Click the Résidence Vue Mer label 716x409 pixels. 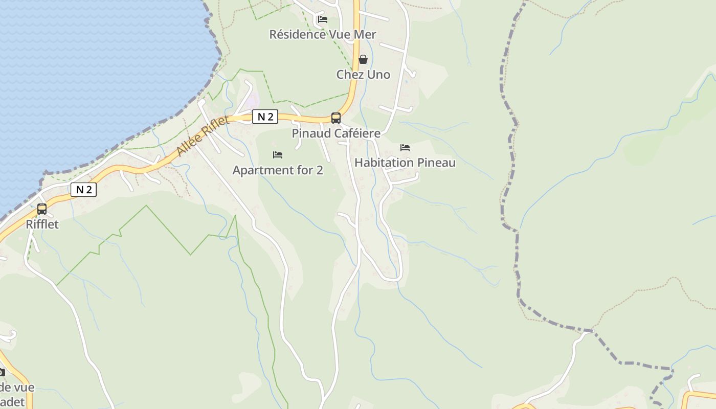[x=323, y=35]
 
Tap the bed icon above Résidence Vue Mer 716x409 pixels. [x=323, y=19]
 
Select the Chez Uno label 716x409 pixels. [x=363, y=75]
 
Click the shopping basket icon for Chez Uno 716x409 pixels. [x=363, y=59]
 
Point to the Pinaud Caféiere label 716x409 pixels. [x=336, y=133]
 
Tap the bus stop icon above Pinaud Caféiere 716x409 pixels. [x=336, y=118]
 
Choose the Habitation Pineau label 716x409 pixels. [x=405, y=163]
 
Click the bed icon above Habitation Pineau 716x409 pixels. [x=405, y=148]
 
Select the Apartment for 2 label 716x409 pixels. [x=278, y=170]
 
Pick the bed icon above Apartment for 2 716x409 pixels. [x=278, y=154]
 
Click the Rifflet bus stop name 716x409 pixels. [x=42, y=224]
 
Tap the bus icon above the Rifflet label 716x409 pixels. [x=42, y=209]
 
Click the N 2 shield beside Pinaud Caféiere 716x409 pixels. [x=265, y=117]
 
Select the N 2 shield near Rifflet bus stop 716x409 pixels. [x=83, y=190]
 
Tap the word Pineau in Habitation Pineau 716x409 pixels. [x=436, y=163]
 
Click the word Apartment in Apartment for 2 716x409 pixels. [x=257, y=170]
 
